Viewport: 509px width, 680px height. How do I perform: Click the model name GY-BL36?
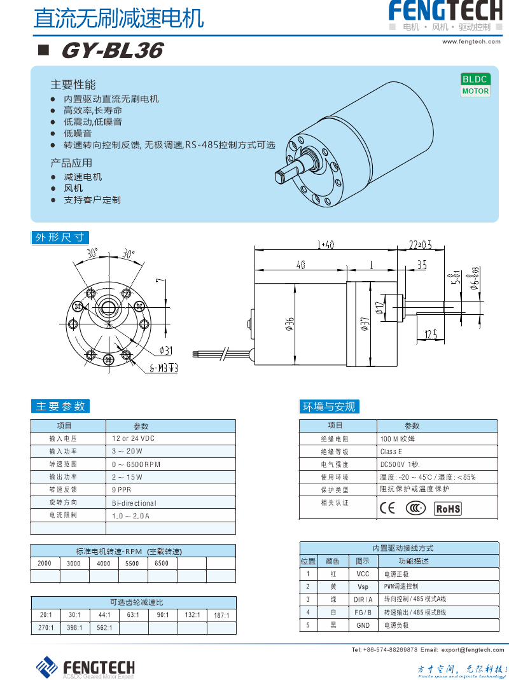pyautogui.click(x=112, y=51)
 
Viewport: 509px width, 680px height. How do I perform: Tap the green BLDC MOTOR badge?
pyautogui.click(x=475, y=85)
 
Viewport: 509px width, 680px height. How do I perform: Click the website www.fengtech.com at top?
pyautogui.click(x=471, y=41)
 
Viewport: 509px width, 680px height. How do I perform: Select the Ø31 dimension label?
pyautogui.click(x=165, y=350)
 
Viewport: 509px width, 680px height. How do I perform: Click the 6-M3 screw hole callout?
pyautogui.click(x=164, y=368)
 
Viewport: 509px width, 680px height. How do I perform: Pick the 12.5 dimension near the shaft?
pyautogui.click(x=431, y=334)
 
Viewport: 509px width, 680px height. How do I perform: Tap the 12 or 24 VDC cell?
pyautogui.click(x=133, y=439)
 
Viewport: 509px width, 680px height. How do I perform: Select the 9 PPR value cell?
pyautogui.click(x=122, y=490)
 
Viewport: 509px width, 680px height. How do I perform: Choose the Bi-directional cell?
pyautogui.click(x=134, y=503)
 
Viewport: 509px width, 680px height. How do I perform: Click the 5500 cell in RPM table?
pyautogui.click(x=132, y=564)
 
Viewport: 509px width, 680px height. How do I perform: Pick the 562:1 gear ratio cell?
pyautogui.click(x=104, y=628)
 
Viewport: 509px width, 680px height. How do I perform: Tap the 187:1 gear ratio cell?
pyautogui.click(x=221, y=615)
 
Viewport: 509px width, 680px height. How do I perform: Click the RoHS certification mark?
pyautogui.click(x=447, y=508)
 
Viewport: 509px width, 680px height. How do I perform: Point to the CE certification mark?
pyautogui.click(x=387, y=508)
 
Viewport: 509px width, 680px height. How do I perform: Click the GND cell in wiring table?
pyautogui.click(x=363, y=625)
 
